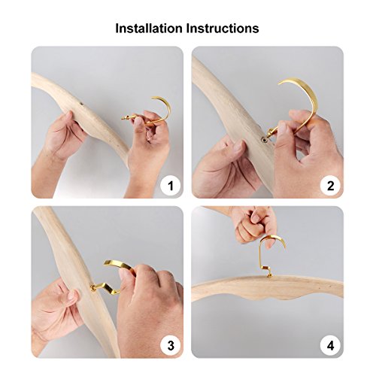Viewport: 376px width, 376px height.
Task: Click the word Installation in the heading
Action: [149, 28]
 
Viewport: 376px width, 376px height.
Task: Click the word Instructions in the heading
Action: [223, 28]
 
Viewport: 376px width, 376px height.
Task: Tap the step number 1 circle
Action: [171, 186]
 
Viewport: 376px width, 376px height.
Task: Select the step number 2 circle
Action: [331, 186]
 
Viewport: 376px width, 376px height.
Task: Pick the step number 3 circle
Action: [171, 346]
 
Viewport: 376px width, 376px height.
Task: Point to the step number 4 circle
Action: [331, 346]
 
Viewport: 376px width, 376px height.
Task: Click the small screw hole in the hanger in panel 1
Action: [82, 104]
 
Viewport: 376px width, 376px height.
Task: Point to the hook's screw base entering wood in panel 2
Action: [265, 139]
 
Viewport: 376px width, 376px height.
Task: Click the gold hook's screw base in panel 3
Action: [94, 288]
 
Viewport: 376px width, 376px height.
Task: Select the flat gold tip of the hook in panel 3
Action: [108, 262]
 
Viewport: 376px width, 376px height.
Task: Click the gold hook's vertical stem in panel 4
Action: [261, 253]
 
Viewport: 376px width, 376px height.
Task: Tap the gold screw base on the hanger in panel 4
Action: [269, 275]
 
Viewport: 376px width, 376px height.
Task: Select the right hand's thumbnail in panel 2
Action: [282, 128]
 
